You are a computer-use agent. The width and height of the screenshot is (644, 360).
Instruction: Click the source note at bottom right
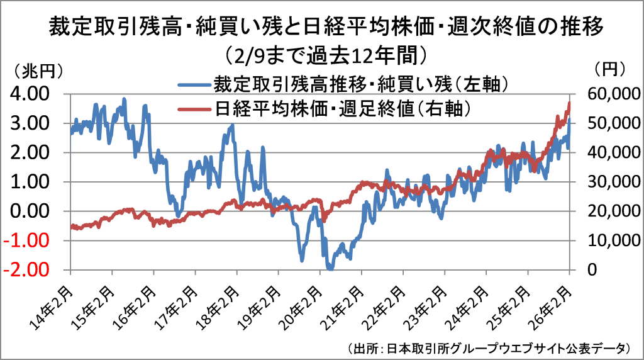pyautogui.click(x=488, y=348)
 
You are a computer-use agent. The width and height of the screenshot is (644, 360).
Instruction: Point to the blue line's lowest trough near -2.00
pyautogui.click(x=330, y=269)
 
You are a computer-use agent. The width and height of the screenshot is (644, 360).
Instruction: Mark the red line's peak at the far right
pyautogui.click(x=569, y=103)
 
